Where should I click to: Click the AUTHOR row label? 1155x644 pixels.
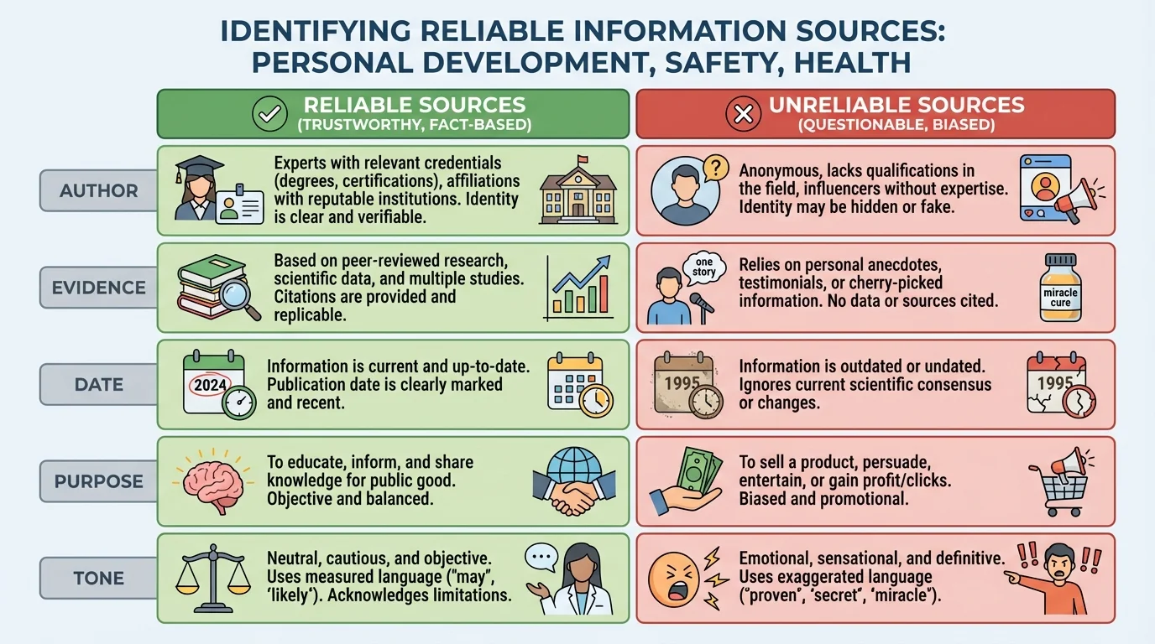pos(99,190)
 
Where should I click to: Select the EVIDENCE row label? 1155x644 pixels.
pos(99,288)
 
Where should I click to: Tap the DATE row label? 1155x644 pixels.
pos(99,385)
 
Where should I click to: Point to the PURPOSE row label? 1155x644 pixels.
pos(99,482)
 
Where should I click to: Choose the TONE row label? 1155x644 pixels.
pos(99,579)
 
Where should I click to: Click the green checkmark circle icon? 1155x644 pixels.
pos(270,114)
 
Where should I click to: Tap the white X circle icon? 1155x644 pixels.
pos(743,114)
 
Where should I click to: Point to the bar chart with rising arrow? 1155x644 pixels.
pos(578,288)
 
